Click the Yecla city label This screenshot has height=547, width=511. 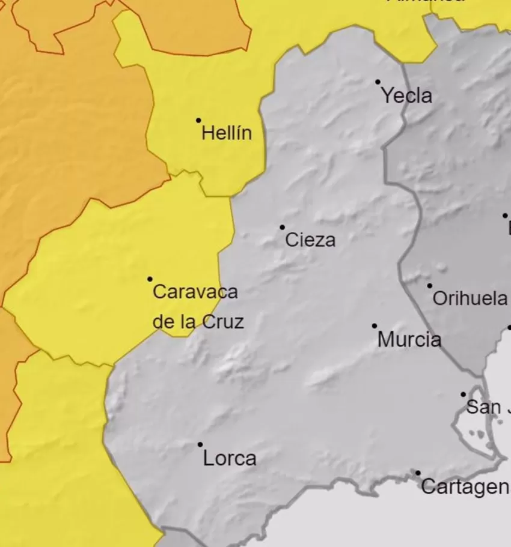click(x=407, y=95)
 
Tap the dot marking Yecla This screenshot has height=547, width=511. click(x=378, y=82)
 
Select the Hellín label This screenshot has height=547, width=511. click(x=227, y=133)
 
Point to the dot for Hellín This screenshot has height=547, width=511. click(x=199, y=121)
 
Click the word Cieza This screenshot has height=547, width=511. click(x=310, y=240)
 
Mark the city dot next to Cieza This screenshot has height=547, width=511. click(x=283, y=228)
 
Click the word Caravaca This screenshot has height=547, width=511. click(x=195, y=292)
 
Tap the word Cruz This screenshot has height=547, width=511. click(x=222, y=322)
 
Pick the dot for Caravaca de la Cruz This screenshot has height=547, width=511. click(x=150, y=279)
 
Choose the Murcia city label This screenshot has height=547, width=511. click(x=409, y=340)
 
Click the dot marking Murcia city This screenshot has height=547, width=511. click(x=375, y=326)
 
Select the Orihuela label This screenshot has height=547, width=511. click(x=470, y=298)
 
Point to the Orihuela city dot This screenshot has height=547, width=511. click(x=430, y=286)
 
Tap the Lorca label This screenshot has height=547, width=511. click(x=230, y=459)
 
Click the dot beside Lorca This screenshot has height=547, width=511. click(x=200, y=445)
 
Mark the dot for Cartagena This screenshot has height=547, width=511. click(x=418, y=473)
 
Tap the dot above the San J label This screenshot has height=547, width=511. click(x=464, y=394)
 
